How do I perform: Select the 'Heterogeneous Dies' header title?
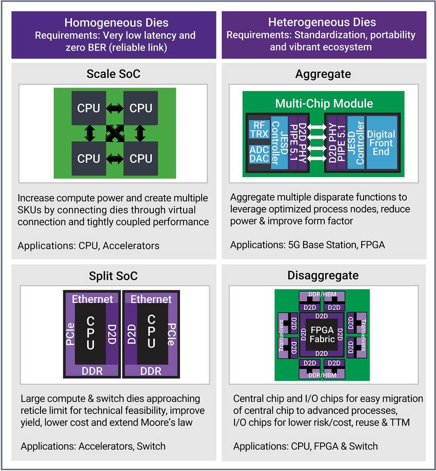[x=322, y=23]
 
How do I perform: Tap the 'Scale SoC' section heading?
[x=114, y=74]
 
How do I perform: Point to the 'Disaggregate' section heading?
[x=323, y=276]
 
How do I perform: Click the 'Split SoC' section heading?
[x=114, y=276]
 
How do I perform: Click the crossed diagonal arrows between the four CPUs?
[x=115, y=134]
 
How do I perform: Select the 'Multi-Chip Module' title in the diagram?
[x=324, y=103]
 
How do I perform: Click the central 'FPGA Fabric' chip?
[x=322, y=334]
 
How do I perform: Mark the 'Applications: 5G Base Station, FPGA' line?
[x=307, y=245]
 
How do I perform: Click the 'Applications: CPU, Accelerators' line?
[x=88, y=246]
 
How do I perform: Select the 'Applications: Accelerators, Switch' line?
[x=93, y=446]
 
